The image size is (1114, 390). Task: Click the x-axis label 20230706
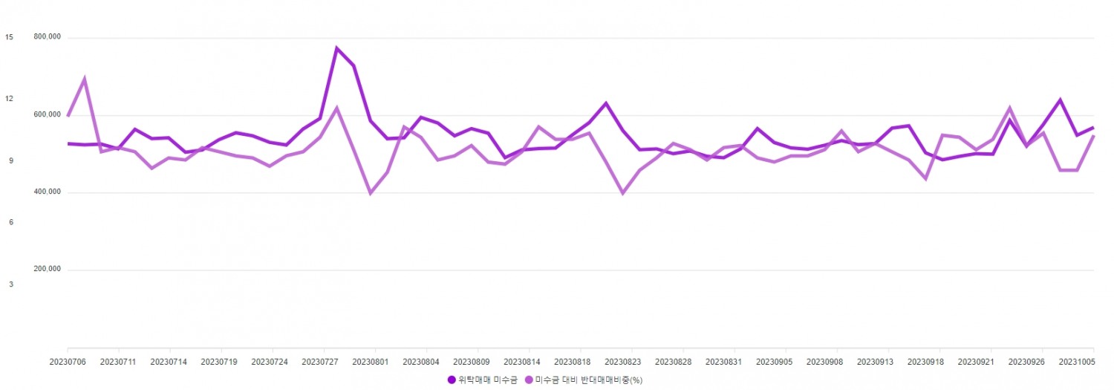(x=67, y=362)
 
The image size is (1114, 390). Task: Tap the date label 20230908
(x=824, y=362)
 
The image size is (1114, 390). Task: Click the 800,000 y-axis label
(x=47, y=37)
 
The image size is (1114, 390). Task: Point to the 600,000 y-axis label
(x=47, y=114)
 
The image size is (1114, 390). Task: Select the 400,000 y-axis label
(x=47, y=192)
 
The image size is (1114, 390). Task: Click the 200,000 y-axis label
(x=47, y=269)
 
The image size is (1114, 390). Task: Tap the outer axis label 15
(x=9, y=37)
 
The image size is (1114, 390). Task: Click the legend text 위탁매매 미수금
(x=487, y=380)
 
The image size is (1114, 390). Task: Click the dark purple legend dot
(x=451, y=380)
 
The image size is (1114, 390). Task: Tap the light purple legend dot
(x=529, y=380)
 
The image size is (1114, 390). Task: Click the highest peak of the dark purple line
(x=336, y=48)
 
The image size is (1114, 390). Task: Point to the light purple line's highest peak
(x=85, y=79)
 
